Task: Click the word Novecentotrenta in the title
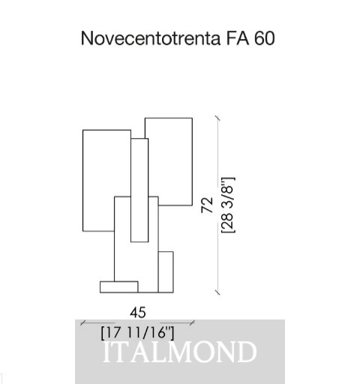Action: tap(151, 38)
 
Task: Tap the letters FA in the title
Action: tap(238, 38)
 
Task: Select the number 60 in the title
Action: tap(265, 38)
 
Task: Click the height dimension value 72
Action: tap(207, 205)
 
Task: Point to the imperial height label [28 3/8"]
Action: tap(228, 205)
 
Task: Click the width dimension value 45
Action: tap(138, 313)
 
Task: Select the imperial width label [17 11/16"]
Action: tap(138, 333)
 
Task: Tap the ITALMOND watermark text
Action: tap(180, 352)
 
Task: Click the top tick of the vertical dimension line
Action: tap(217, 118)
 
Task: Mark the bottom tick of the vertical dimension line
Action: tap(217, 292)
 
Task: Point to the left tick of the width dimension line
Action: tap(83, 322)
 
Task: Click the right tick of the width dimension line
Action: tap(192, 322)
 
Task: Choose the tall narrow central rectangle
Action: tap(139, 190)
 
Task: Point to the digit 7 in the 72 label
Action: tap(207, 209)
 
